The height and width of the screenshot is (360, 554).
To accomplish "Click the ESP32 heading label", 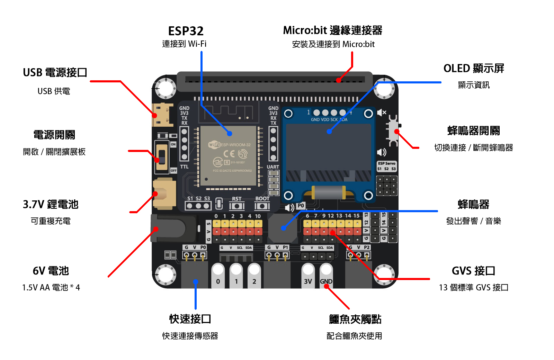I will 186,31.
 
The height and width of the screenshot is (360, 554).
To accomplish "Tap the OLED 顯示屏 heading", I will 473,69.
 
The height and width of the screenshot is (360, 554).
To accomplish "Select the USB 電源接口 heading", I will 55,73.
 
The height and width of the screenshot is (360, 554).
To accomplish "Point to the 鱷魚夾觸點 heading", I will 355,319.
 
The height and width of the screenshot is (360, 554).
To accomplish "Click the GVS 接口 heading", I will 473,271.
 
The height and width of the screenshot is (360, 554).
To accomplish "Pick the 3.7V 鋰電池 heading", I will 51,205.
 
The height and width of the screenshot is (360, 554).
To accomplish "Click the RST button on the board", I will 237,206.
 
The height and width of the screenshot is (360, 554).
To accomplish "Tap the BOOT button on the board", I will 262,206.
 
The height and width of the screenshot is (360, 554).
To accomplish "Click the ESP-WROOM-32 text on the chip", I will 235,145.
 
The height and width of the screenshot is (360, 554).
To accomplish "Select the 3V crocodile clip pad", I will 308,277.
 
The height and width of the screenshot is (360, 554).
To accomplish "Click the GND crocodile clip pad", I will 326,277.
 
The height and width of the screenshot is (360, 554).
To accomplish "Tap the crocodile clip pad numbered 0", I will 218,277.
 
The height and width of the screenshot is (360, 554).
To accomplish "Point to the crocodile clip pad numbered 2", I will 254,277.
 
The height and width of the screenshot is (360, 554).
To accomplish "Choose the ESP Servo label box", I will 386,166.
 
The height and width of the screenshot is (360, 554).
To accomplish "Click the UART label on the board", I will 273,167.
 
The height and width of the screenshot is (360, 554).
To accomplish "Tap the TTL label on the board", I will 184,167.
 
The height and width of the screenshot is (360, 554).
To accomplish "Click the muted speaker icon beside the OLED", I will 382,112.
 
